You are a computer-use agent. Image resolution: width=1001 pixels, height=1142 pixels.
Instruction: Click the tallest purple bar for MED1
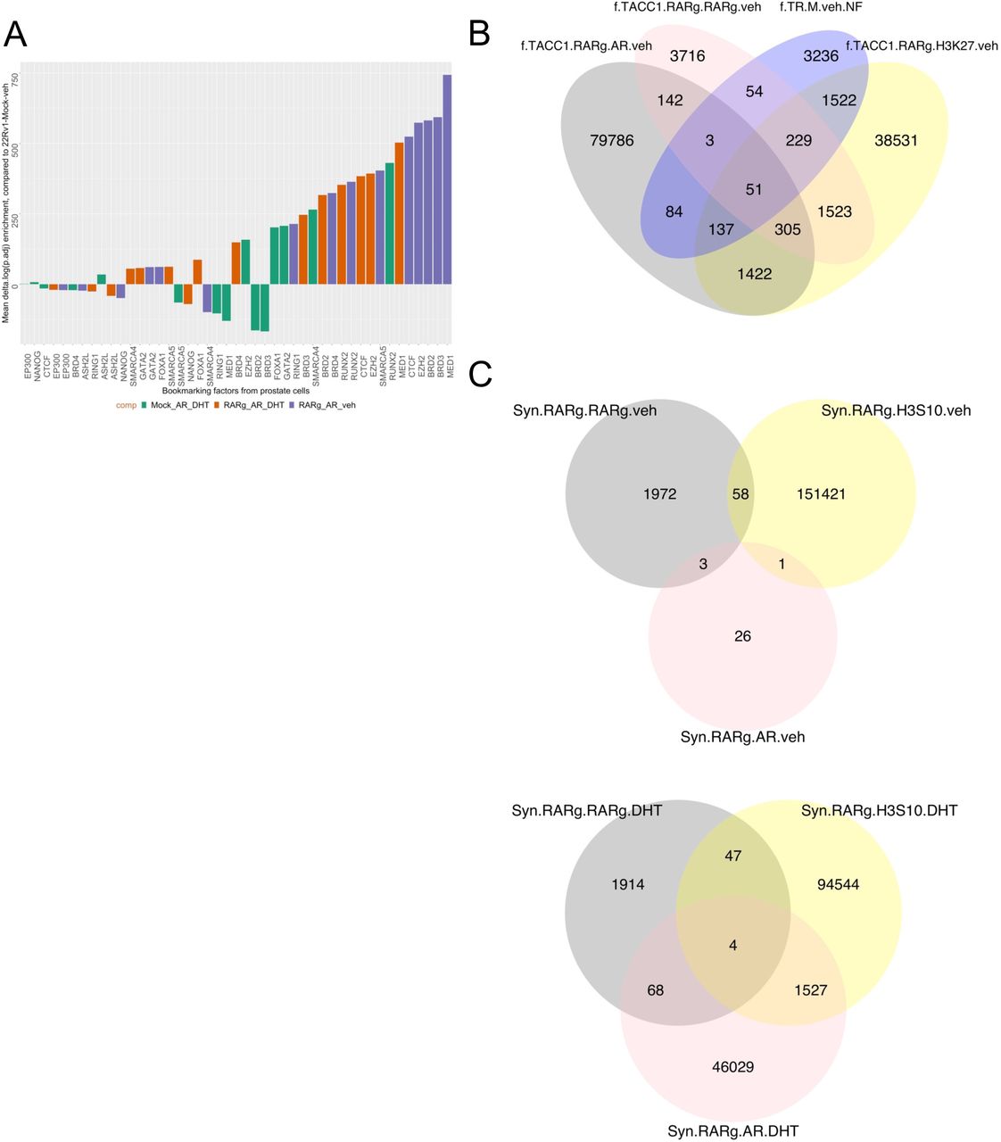[x=447, y=178]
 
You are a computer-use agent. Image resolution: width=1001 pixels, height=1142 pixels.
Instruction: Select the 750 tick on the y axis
[x=17, y=78]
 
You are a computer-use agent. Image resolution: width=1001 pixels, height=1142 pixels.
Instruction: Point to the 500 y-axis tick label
[x=17, y=145]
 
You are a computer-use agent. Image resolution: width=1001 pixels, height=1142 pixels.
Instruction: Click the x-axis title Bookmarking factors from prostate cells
[x=236, y=391]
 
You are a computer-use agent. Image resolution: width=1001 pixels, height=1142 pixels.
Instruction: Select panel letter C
[x=480, y=373]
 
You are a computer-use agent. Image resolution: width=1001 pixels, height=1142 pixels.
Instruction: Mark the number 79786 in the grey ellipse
[x=612, y=140]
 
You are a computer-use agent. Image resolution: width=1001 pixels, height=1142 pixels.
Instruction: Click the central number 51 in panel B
[x=753, y=189]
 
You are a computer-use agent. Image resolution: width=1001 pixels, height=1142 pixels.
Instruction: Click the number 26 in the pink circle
[x=742, y=636]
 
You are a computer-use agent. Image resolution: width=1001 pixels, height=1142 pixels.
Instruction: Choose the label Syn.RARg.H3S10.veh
[x=896, y=410]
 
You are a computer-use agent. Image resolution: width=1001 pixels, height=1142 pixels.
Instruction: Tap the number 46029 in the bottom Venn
[x=733, y=1066]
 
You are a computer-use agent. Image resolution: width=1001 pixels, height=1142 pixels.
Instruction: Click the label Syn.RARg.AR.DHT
[x=733, y=1131]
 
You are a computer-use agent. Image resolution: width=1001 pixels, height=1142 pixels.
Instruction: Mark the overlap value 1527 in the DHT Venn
[x=810, y=990]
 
